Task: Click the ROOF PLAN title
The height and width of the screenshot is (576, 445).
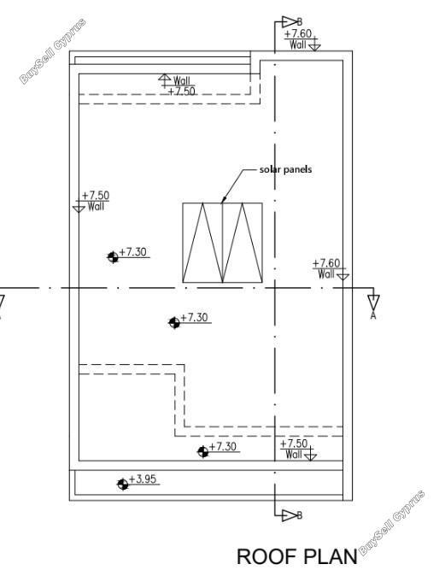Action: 297,556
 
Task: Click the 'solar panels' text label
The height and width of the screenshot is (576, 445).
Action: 285,169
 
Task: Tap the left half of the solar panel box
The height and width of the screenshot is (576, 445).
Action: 202,243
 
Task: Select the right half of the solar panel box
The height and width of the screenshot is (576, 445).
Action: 243,243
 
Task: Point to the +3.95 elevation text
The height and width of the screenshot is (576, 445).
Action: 143,479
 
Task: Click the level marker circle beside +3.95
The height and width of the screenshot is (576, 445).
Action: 123,485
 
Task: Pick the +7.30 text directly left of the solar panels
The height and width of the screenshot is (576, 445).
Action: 133,252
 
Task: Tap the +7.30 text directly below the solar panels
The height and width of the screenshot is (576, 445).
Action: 195,317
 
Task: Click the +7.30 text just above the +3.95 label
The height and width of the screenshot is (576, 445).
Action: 222,447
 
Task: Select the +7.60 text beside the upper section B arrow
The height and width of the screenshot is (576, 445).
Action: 298,33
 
